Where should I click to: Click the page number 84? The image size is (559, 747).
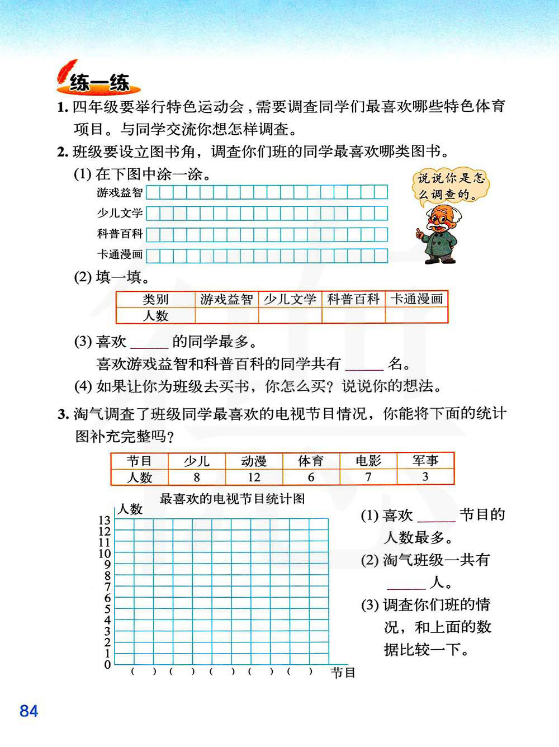pyautogui.click(x=29, y=711)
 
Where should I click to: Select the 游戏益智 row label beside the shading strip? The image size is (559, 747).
pyautogui.click(x=120, y=193)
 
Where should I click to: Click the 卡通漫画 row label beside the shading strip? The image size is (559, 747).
pyautogui.click(x=120, y=254)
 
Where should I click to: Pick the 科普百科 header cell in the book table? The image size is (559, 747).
pyautogui.click(x=353, y=299)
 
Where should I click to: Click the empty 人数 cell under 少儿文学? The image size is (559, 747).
pyautogui.click(x=290, y=315)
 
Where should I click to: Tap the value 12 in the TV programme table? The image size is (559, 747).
pyautogui.click(x=254, y=477)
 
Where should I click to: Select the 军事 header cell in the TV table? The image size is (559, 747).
pyautogui.click(x=425, y=461)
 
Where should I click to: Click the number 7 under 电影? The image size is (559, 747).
pyautogui.click(x=368, y=477)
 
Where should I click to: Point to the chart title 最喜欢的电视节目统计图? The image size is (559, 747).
pyautogui.click(x=233, y=499)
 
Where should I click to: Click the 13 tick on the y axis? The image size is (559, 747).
pyautogui.click(x=105, y=521)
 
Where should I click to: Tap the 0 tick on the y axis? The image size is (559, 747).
pyautogui.click(x=107, y=665)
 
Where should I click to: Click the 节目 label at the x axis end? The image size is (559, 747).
pyautogui.click(x=343, y=673)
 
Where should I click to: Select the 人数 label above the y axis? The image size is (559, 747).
pyautogui.click(x=130, y=509)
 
